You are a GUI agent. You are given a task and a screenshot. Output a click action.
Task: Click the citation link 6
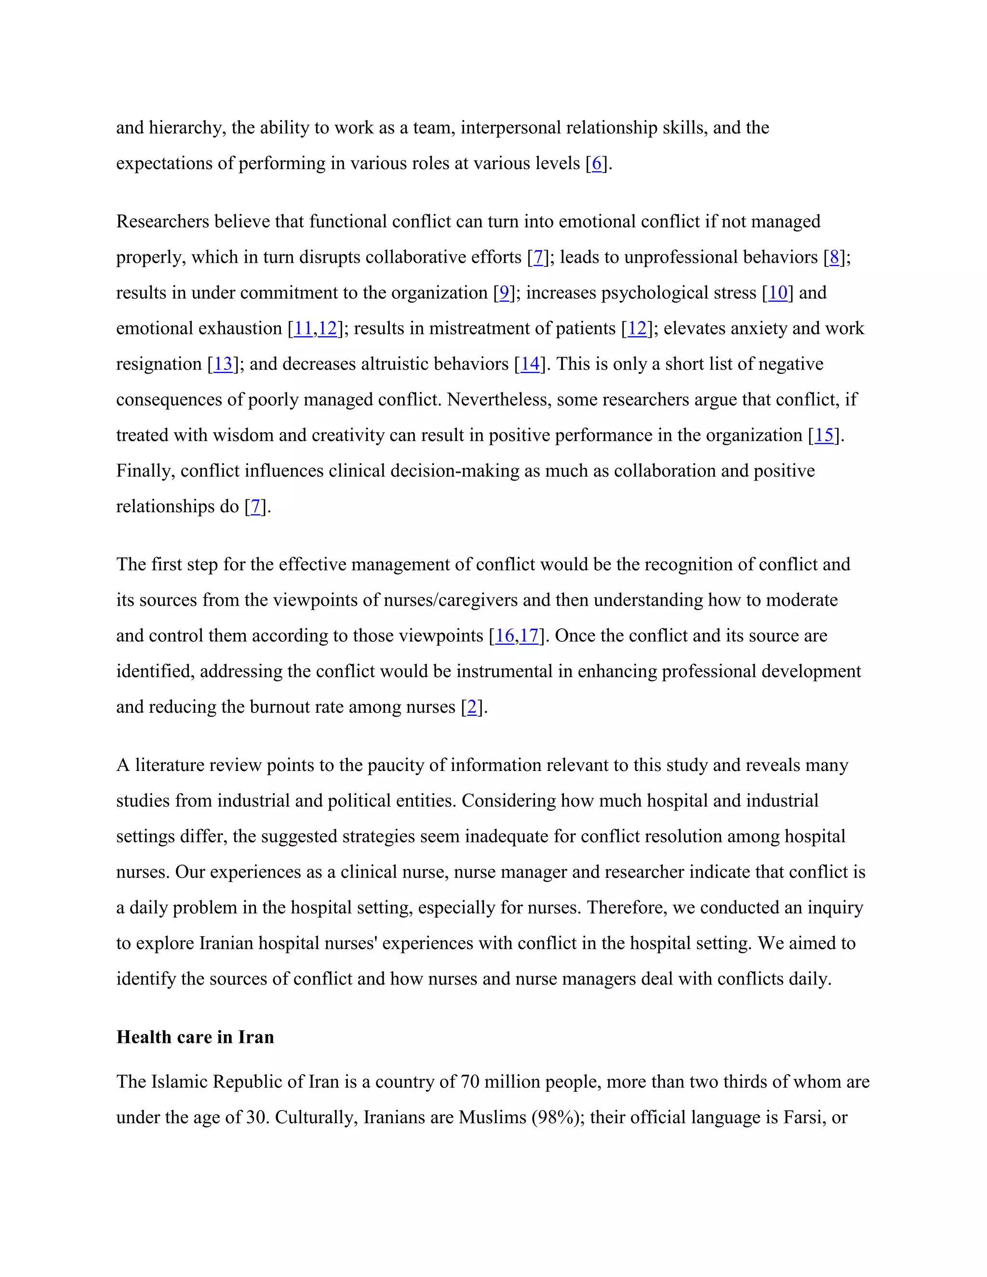pyautogui.click(x=597, y=163)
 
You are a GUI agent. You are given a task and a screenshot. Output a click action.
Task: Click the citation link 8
pyautogui.click(x=834, y=257)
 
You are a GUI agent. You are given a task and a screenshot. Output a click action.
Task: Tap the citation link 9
pyautogui.click(x=504, y=293)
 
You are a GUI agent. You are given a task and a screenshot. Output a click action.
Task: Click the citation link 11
pyautogui.click(x=303, y=329)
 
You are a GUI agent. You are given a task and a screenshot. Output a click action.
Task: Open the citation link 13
pyautogui.click(x=223, y=364)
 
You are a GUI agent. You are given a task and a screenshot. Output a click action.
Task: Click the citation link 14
pyautogui.click(x=530, y=364)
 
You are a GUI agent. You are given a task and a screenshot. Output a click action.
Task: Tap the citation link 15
pyautogui.click(x=824, y=436)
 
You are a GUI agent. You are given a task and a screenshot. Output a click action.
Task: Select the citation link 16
pyautogui.click(x=505, y=636)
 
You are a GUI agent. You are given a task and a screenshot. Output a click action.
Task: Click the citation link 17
pyautogui.click(x=529, y=636)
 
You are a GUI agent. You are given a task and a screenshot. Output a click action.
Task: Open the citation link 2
pyautogui.click(x=472, y=707)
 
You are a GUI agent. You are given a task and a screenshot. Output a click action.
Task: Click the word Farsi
pyautogui.click(x=803, y=1117)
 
